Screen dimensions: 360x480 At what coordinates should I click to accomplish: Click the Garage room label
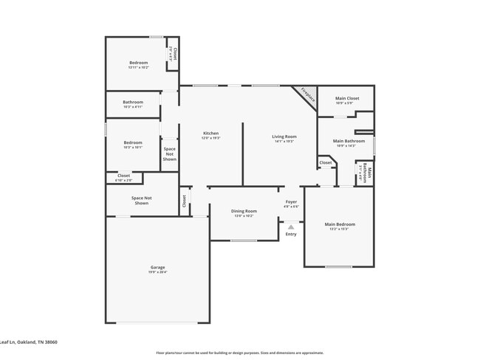coord(158,267)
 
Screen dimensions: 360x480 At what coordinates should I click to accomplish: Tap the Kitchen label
coord(211,134)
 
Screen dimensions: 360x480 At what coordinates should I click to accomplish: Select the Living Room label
coord(284,136)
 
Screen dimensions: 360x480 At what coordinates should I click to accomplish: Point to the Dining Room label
coord(244,211)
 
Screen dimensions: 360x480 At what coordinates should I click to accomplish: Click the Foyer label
coord(292,201)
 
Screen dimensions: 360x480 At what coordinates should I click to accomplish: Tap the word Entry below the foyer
coord(291,234)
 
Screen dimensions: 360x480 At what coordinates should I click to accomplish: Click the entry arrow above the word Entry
coord(291,226)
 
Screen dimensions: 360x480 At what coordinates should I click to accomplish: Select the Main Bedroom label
coord(340,224)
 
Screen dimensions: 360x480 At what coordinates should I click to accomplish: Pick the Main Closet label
coord(347,98)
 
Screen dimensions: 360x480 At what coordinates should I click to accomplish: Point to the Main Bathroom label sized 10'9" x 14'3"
coord(349,141)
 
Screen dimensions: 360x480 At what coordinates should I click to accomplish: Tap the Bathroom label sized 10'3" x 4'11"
coord(133,102)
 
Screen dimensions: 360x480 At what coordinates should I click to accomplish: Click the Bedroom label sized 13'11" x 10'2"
coord(139,63)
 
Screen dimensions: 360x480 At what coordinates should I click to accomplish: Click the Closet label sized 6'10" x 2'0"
coord(123,176)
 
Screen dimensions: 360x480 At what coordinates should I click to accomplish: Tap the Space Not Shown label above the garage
coord(141,200)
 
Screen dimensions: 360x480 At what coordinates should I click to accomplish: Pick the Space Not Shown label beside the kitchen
coord(170,153)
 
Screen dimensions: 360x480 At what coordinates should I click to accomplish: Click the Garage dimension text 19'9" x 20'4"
coord(158,272)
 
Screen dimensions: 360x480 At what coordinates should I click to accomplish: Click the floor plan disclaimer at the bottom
coord(239,353)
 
